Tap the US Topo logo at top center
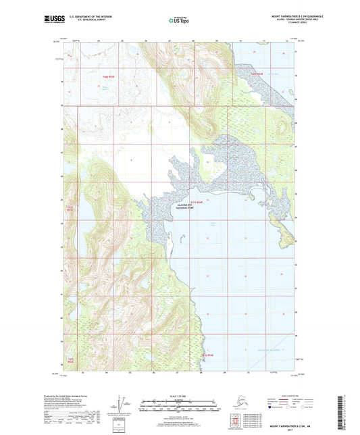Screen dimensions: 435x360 tap(179, 21)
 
